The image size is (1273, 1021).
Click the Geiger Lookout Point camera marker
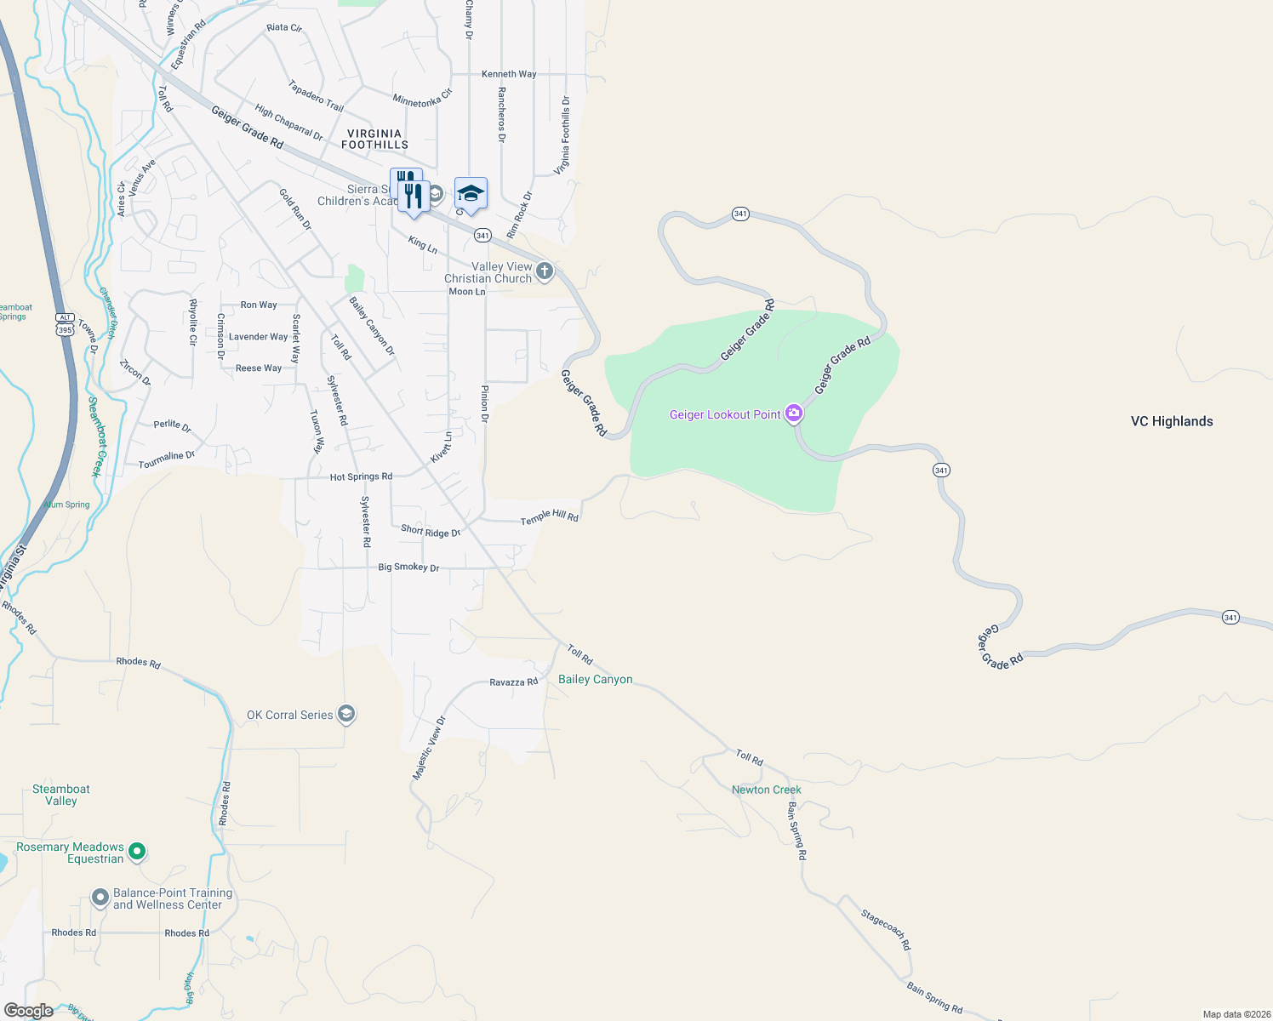pyautogui.click(x=794, y=414)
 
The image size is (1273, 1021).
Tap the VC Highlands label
pyautogui.click(x=1172, y=421)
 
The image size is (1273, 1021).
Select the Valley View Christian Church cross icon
pyautogui.click(x=545, y=271)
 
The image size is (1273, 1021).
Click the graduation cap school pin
pyautogui.click(x=471, y=195)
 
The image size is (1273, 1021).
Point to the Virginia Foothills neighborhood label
pyautogui.click(x=374, y=139)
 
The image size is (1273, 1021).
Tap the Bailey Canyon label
pyautogui.click(x=595, y=679)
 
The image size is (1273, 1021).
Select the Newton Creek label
pyautogui.click(x=766, y=790)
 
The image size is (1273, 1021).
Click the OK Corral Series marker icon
pyautogui.click(x=346, y=714)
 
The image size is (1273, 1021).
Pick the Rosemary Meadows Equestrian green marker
pyautogui.click(x=137, y=851)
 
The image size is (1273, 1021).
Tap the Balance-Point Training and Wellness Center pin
pyautogui.click(x=100, y=898)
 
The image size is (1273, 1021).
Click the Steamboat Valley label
pyautogui.click(x=61, y=795)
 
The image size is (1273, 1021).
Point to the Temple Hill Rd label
pyautogui.click(x=549, y=516)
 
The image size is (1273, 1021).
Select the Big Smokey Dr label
pyautogui.click(x=408, y=567)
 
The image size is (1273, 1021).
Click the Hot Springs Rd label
pyautogui.click(x=361, y=476)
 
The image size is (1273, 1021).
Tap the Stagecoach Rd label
pyautogui.click(x=885, y=930)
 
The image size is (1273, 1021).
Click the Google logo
pyautogui.click(x=28, y=1011)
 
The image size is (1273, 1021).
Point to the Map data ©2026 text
pyautogui.click(x=1235, y=1014)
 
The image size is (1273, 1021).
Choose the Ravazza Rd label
pyautogui.click(x=513, y=682)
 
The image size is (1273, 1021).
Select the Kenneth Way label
pyautogui.click(x=509, y=74)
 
